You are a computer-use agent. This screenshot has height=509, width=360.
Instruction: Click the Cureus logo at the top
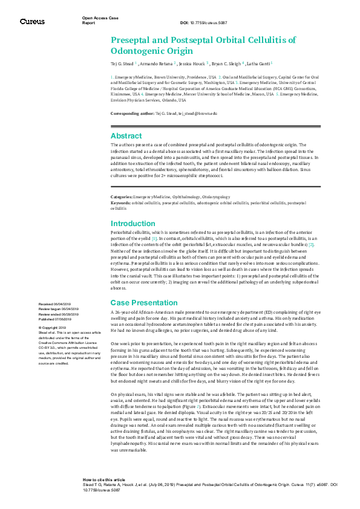click(32, 21)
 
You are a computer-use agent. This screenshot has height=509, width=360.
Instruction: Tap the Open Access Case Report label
click(97, 20)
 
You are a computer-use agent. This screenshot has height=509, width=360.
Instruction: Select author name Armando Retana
click(157, 63)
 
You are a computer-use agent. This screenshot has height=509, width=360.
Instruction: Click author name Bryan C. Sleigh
click(226, 63)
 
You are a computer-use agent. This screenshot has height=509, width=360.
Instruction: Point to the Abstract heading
click(126, 136)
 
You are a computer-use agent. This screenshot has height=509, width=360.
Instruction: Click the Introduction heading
click(133, 224)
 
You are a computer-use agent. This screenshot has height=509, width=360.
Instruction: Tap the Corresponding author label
click(132, 114)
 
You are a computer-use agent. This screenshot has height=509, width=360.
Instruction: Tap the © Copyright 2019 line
click(52, 327)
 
